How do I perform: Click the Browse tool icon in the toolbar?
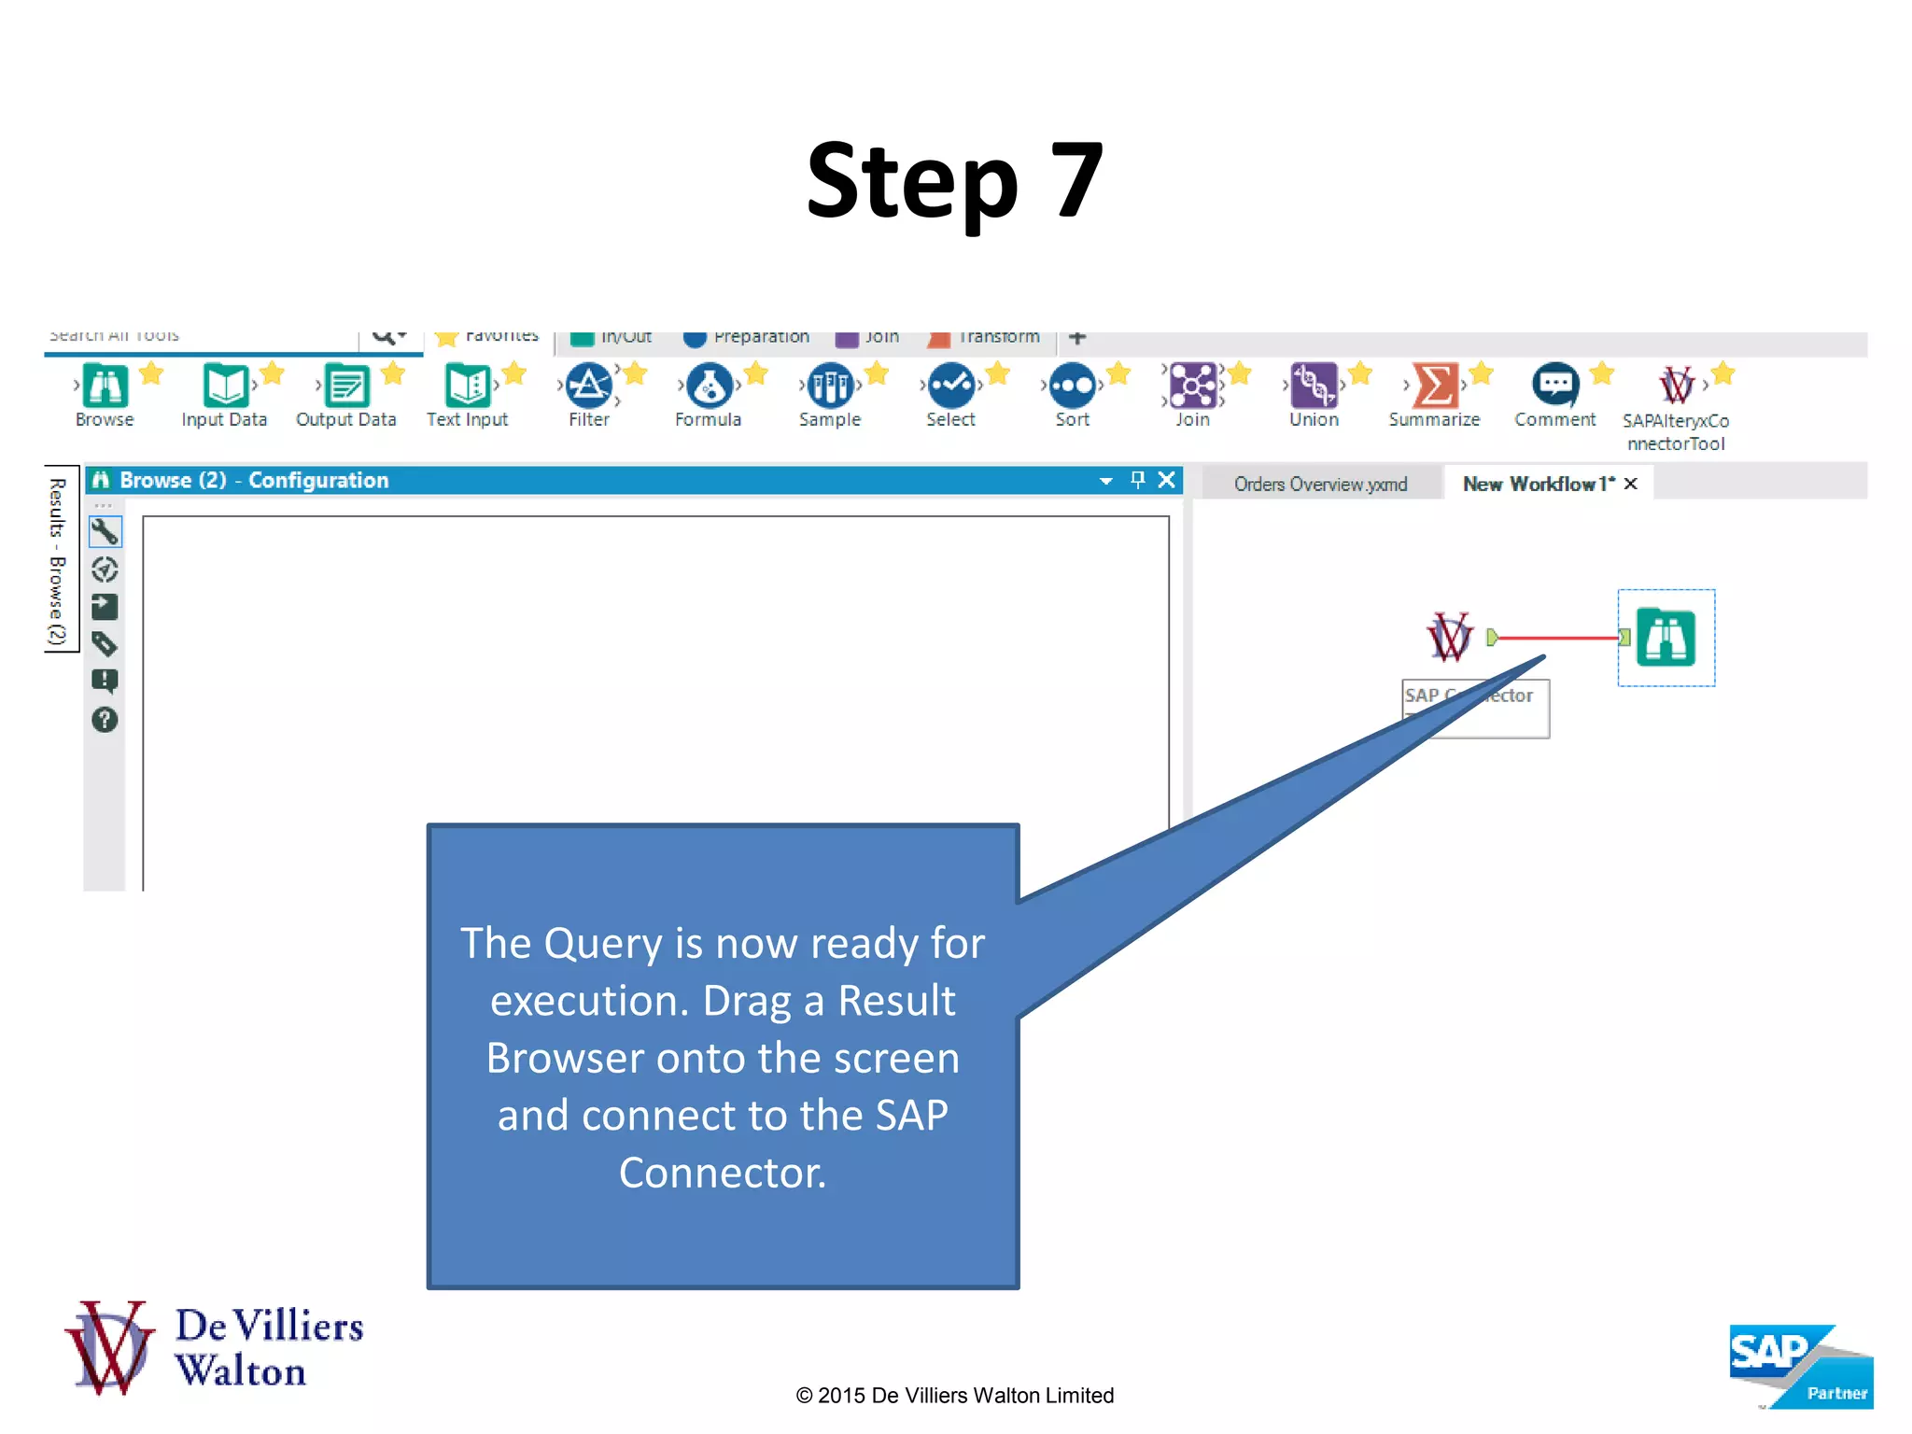click(x=105, y=386)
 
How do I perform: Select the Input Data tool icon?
click(x=225, y=386)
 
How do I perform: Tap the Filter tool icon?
click(x=589, y=386)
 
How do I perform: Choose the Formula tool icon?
click(x=710, y=386)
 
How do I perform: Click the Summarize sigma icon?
click(x=1435, y=386)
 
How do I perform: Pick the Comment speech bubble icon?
click(x=1555, y=385)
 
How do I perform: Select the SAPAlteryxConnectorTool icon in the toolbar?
click(x=1677, y=386)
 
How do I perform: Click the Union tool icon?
click(x=1314, y=386)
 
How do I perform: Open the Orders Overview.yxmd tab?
click(x=1319, y=484)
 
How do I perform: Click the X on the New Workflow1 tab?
click(x=1631, y=484)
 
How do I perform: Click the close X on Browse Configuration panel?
click(x=1166, y=480)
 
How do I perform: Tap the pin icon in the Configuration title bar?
click(x=1137, y=480)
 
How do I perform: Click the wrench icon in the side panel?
click(x=105, y=531)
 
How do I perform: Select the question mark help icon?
click(x=105, y=720)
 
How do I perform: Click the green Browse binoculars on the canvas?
click(x=1666, y=638)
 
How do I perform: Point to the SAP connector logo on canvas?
click(x=1449, y=638)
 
